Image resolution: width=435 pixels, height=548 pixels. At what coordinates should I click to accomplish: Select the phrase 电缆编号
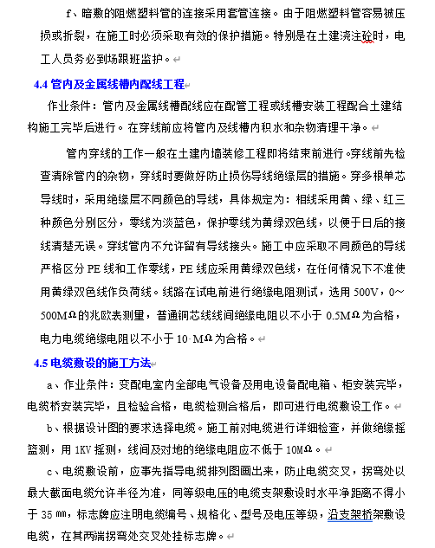click(x=174, y=514)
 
